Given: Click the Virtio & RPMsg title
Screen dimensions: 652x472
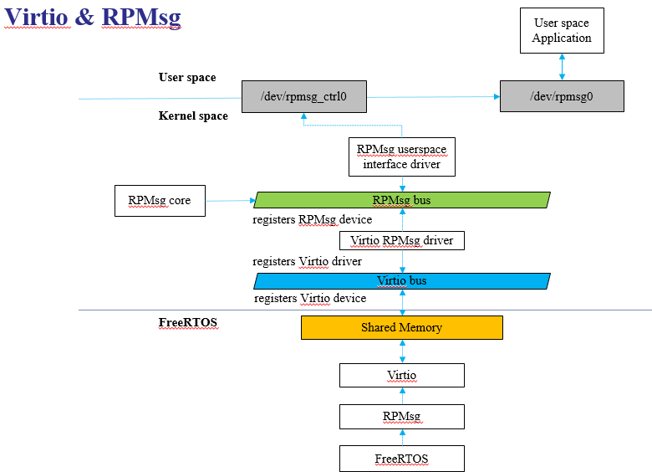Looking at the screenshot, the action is [92, 18].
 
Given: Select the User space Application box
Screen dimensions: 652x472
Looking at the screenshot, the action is [562, 30].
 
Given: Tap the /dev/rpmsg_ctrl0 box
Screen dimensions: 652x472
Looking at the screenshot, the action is [304, 96].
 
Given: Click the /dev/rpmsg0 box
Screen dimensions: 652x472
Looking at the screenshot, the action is [562, 96].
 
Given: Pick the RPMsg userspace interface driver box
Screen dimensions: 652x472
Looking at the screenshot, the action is [402, 157].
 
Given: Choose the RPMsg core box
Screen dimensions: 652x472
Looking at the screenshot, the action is [160, 201].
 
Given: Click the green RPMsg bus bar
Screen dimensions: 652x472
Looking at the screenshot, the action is [402, 200].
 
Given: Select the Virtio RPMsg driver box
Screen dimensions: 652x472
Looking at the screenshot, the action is [402, 240].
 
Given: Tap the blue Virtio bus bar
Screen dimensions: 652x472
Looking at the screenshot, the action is [402, 281].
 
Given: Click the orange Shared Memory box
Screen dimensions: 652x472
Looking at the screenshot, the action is [402, 327].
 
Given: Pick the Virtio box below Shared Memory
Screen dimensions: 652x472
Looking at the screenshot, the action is [402, 376].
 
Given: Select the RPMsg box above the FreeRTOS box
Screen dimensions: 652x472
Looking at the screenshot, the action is [402, 417].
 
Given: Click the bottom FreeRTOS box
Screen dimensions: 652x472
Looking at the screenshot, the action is [402, 459].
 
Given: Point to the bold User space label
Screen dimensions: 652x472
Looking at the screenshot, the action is [187, 78].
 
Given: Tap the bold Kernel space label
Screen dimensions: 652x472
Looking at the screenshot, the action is [193, 115].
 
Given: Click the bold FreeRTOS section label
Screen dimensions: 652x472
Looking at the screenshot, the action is [188, 322].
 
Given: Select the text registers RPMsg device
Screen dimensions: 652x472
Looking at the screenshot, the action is [313, 219].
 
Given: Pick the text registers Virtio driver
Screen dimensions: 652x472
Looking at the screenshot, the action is [307, 261].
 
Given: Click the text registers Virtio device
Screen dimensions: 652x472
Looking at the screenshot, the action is [310, 298].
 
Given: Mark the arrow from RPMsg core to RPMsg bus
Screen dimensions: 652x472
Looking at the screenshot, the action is [231, 201].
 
